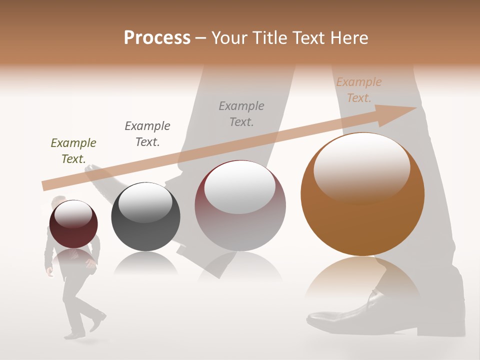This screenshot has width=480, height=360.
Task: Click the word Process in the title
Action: pos(157,38)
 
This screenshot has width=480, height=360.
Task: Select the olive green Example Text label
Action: pos(73,151)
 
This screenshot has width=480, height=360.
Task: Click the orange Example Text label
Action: pos(358,90)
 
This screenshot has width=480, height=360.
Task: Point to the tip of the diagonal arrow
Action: pos(415,108)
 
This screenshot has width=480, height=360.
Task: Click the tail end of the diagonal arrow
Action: pos(44,185)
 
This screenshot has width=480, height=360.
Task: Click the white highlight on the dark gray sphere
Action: pos(145,202)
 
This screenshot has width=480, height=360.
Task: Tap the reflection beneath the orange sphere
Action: pos(362,280)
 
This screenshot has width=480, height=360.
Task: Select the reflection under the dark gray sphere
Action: pos(145,263)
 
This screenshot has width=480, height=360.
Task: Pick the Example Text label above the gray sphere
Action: pos(147,133)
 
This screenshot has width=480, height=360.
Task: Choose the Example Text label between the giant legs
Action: pos(241,113)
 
